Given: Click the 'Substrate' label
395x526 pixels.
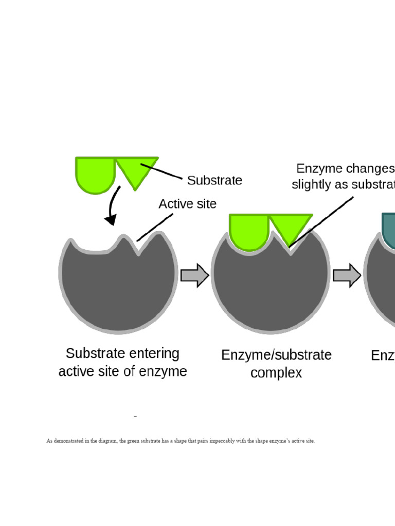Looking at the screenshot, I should [x=214, y=180].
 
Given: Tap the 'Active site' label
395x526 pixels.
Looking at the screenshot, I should [x=187, y=204].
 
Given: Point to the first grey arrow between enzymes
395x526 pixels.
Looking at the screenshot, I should [x=194, y=275].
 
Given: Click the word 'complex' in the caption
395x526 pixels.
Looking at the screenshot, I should [x=276, y=372].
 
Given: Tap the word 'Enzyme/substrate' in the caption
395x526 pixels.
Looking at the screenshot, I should [x=276, y=355].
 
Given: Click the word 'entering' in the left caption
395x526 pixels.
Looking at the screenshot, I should [x=154, y=353].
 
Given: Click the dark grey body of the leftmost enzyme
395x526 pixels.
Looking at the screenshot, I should [x=118, y=288].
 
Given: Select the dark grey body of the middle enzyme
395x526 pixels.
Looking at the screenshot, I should [x=270, y=290].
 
